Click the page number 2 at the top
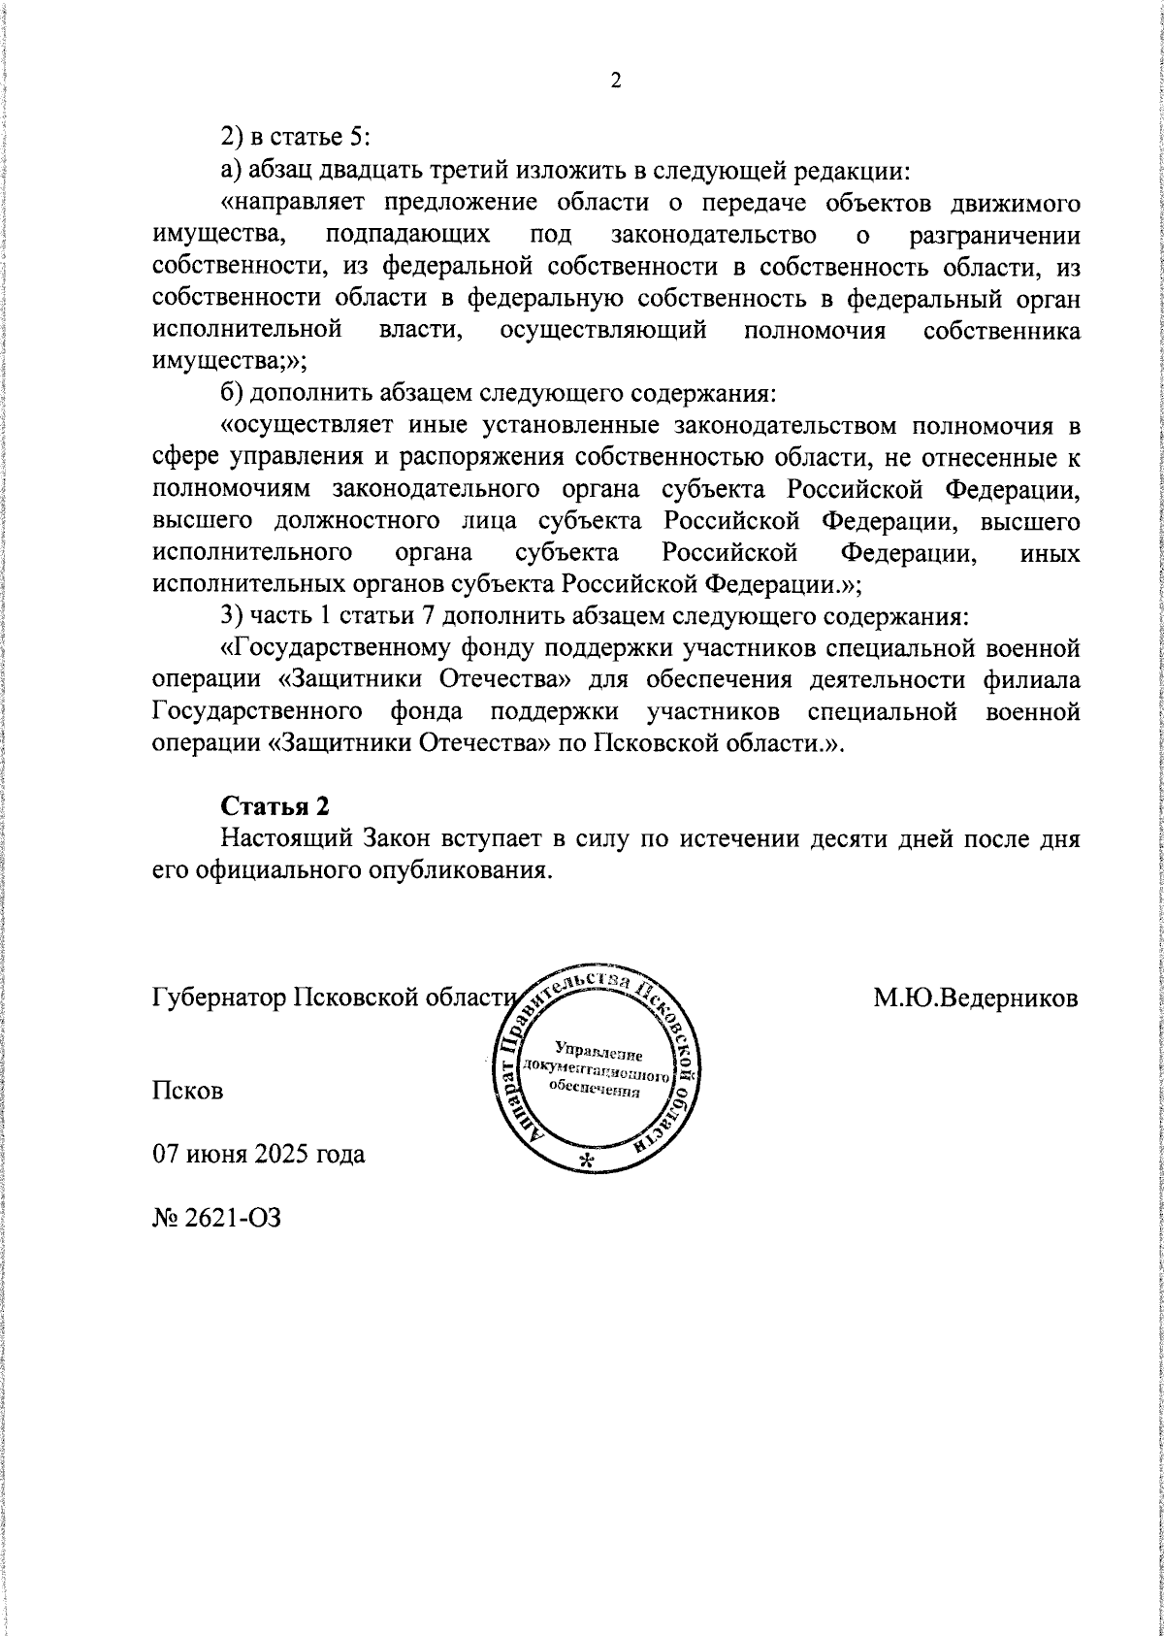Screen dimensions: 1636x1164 (615, 81)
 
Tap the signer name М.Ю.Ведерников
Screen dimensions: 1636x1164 (976, 998)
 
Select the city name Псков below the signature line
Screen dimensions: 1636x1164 (188, 1091)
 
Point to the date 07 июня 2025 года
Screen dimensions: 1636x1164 (259, 1155)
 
